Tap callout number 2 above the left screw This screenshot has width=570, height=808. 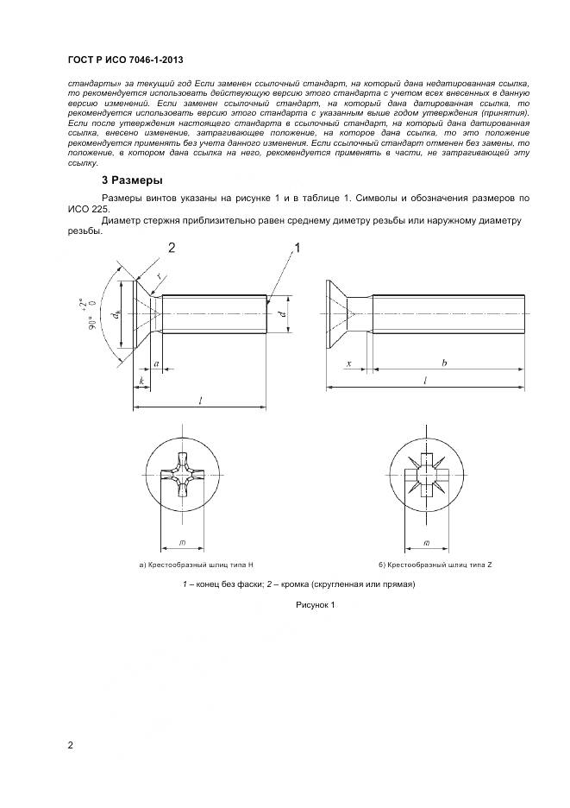coord(172,248)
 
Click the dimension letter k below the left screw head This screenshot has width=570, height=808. coord(141,381)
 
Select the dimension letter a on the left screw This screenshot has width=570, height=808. coord(156,364)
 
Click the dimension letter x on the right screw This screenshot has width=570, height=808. coord(348,364)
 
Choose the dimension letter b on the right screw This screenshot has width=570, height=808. coord(443,364)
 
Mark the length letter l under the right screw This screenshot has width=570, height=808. coord(426,381)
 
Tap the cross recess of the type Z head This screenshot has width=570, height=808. coord(429,476)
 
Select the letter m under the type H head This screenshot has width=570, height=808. coord(183,541)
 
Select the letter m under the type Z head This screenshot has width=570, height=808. coord(429,541)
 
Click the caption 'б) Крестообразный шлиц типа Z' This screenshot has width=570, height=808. coord(435,564)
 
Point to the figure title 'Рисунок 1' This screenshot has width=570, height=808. coord(315,605)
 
